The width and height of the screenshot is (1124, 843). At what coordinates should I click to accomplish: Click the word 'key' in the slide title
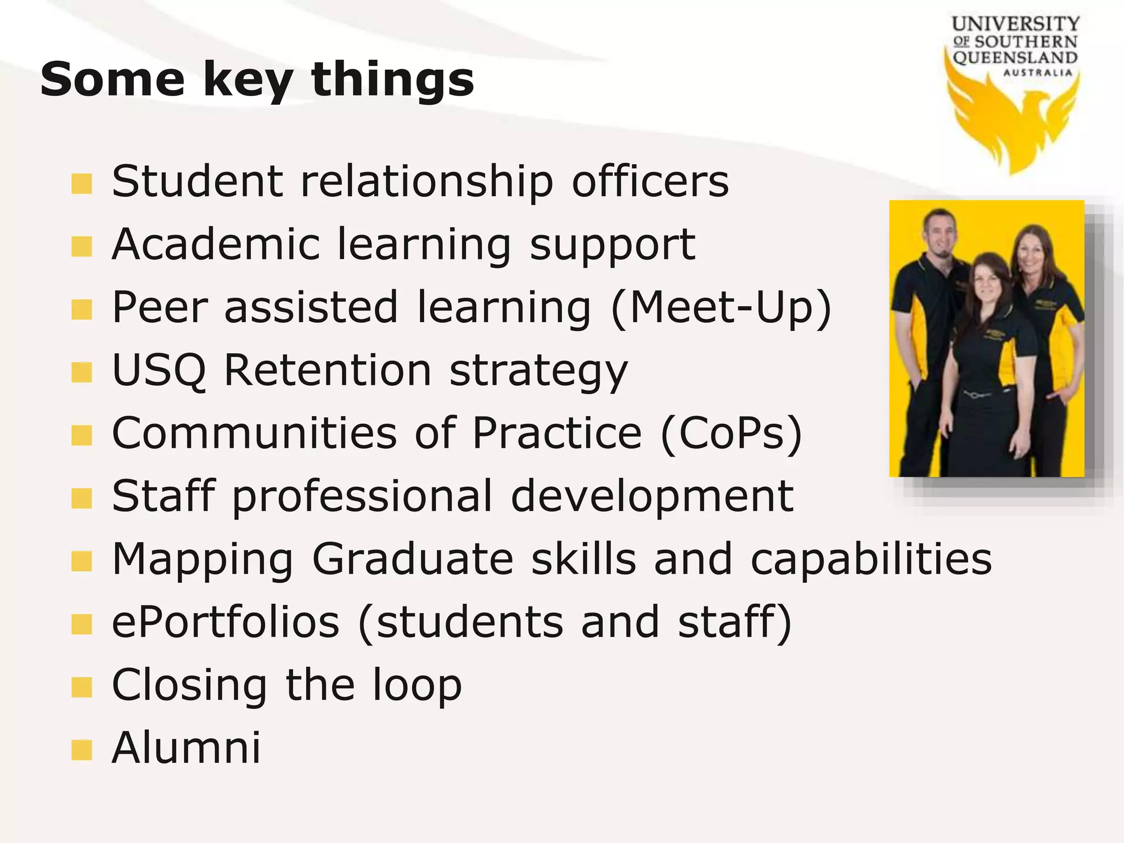pyautogui.click(x=247, y=81)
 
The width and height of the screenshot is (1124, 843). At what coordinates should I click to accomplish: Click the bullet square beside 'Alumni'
pyautogui.click(x=82, y=750)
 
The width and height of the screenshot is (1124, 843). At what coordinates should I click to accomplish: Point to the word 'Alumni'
pyautogui.click(x=186, y=748)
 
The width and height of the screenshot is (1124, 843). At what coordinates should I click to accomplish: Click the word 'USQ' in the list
pyautogui.click(x=159, y=370)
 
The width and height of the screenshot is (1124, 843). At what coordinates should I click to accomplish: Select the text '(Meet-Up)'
pyautogui.click(x=721, y=308)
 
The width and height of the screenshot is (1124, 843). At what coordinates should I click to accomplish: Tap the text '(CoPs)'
pyautogui.click(x=732, y=434)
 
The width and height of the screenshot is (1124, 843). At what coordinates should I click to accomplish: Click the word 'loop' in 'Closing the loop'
pyautogui.click(x=417, y=685)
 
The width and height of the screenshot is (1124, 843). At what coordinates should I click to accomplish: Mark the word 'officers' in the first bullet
pyautogui.click(x=650, y=182)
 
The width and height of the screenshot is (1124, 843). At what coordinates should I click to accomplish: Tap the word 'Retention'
pyautogui.click(x=328, y=370)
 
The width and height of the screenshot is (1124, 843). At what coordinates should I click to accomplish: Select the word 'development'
pyautogui.click(x=652, y=496)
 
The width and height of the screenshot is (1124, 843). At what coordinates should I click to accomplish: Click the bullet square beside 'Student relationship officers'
pyautogui.click(x=82, y=184)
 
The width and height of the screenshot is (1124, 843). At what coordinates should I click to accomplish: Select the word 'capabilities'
pyautogui.click(x=871, y=559)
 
